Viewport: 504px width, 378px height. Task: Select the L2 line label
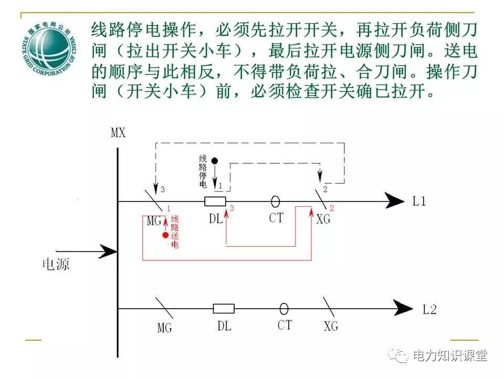point(429,309)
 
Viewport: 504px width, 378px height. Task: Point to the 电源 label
point(56,264)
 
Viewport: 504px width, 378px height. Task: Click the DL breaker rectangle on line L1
point(215,201)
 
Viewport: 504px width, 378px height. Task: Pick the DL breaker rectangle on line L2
point(224,308)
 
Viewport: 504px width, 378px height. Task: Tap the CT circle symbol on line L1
point(275,201)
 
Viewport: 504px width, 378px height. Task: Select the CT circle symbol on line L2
point(284,308)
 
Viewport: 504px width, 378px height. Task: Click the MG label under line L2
point(165,328)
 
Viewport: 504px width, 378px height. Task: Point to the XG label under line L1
point(324,219)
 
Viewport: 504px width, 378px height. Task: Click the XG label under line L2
point(331,327)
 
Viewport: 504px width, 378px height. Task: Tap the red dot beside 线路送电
point(165,235)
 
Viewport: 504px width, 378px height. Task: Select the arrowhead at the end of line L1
point(395,201)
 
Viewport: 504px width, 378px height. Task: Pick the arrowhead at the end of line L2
point(404,308)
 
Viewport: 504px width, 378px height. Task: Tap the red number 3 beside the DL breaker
point(232,208)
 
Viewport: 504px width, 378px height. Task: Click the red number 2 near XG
point(332,208)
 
